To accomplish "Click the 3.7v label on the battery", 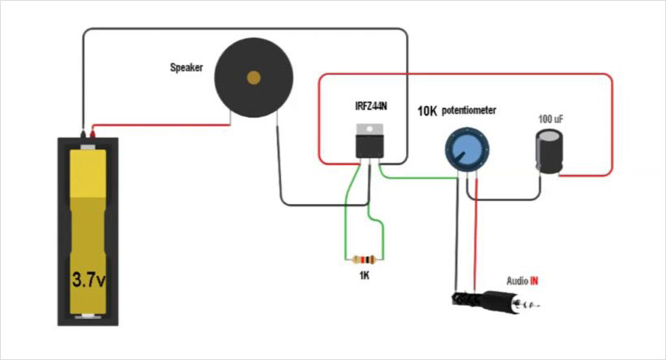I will pyautogui.click(x=88, y=281).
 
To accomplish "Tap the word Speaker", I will pyautogui.click(x=186, y=68).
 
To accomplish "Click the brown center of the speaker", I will pyautogui.click(x=254, y=78).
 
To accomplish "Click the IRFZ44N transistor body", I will pyautogui.click(x=369, y=146).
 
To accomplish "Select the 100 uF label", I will pyautogui.click(x=551, y=119).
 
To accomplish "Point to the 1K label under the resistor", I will pyautogui.click(x=365, y=276).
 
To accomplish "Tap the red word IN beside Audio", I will pyautogui.click(x=535, y=281).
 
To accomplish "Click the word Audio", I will pyautogui.click(x=516, y=281).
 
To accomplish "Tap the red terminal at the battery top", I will pyautogui.click(x=96, y=133).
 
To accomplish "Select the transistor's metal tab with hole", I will pyautogui.click(x=369, y=127).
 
